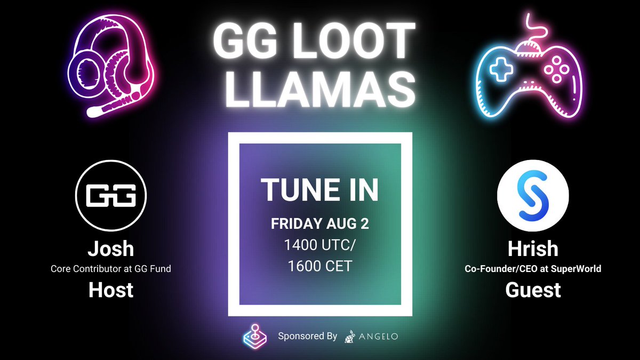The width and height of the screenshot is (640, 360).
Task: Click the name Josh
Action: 111,249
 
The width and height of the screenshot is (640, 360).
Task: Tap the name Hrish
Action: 533,249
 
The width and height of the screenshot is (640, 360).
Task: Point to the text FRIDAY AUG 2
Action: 319,224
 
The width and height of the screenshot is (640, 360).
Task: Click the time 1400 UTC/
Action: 319,245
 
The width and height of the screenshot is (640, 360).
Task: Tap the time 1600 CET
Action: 319,266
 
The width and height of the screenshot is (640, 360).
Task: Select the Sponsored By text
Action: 307,337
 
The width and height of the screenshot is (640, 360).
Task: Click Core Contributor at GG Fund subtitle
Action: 111,269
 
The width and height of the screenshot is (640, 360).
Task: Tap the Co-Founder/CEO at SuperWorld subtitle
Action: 533,269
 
